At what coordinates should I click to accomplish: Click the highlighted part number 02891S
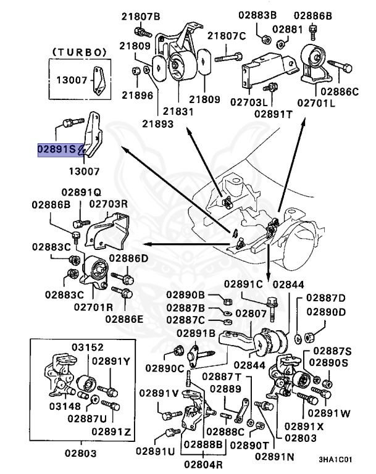coord(61,149)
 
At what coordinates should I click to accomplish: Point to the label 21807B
coord(140,16)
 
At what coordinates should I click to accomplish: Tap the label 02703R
coord(109,203)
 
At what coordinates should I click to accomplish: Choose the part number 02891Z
coord(112,431)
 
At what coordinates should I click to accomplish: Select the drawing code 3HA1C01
coord(335,460)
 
